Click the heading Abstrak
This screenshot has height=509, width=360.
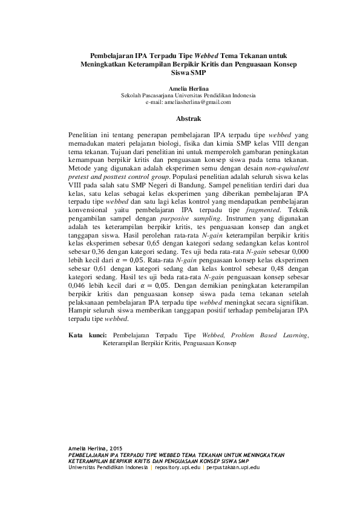(180, 118)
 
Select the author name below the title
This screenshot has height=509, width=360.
(180, 88)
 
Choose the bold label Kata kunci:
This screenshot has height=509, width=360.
(88, 334)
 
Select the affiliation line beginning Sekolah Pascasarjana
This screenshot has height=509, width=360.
(188, 96)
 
